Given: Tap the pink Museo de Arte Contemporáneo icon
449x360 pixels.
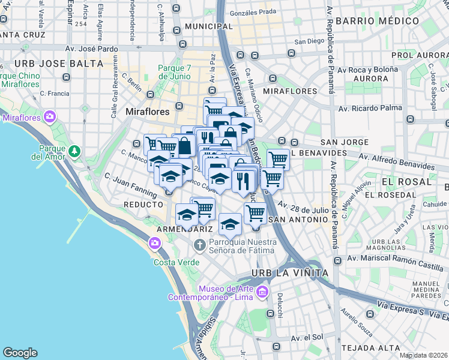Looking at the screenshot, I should (x=261, y=292).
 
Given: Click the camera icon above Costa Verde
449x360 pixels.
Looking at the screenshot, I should (x=155, y=242).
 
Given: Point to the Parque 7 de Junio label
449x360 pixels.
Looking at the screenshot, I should (x=174, y=72).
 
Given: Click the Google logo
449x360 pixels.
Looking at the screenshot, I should (x=20, y=353).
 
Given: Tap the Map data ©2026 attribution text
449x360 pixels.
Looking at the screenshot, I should (x=424, y=355).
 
